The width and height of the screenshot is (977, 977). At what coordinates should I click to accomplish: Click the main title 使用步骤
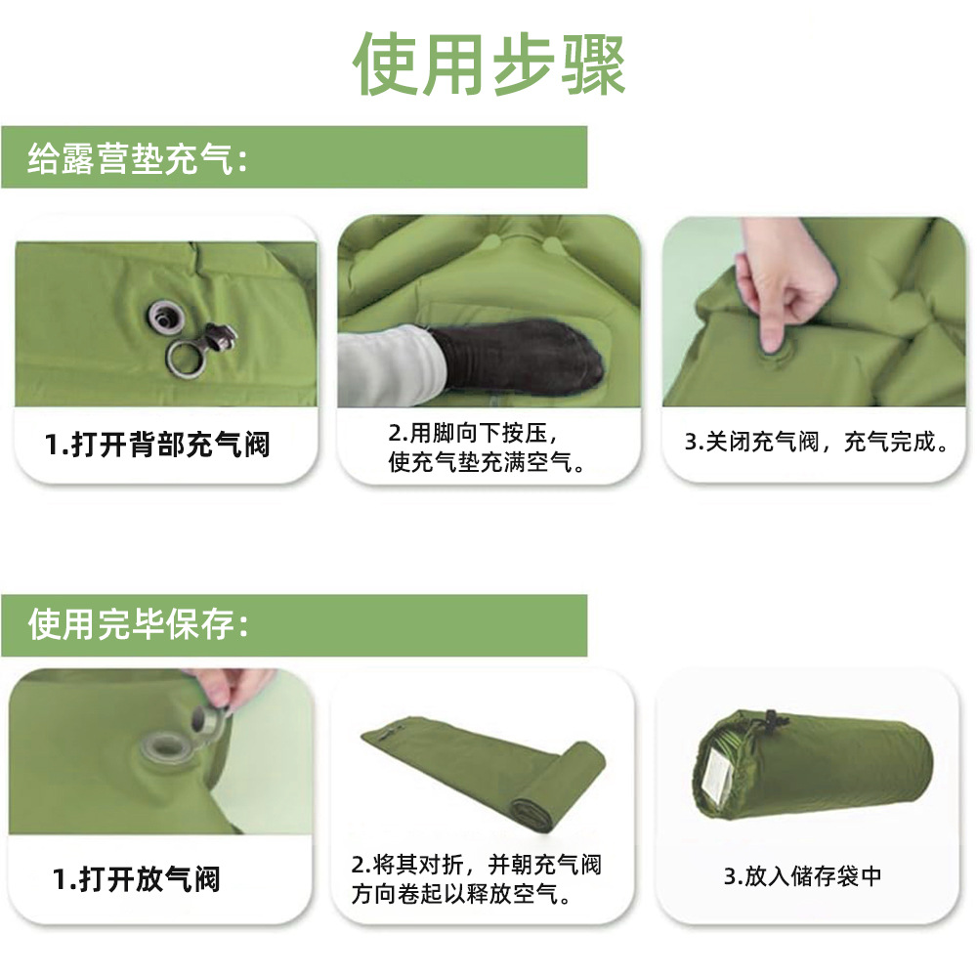coord(488,64)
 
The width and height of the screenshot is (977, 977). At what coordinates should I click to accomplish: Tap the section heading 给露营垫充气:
coord(138,157)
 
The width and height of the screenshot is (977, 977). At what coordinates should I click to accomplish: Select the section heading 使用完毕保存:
coord(138,624)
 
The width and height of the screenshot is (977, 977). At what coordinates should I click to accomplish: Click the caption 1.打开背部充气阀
coord(157,445)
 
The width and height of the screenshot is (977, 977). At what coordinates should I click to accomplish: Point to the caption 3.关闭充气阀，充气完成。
coord(817,442)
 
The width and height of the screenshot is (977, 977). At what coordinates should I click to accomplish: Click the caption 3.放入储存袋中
coord(802,875)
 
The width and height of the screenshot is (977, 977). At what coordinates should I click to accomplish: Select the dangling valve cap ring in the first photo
coord(186,358)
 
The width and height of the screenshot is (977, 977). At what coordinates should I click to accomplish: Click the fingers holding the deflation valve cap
coord(230,692)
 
